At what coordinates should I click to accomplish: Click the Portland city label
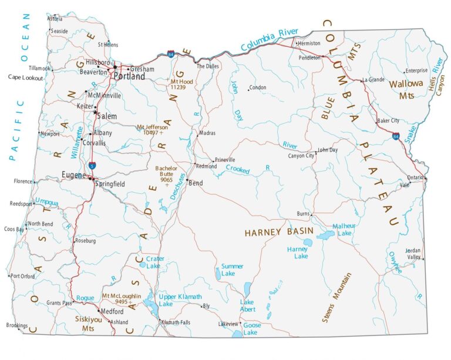(x=129, y=76)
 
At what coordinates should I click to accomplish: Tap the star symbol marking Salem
(x=95, y=112)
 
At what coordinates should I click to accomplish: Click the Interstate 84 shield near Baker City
(x=396, y=136)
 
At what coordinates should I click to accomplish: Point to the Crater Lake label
(x=154, y=262)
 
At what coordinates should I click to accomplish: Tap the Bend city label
(x=196, y=183)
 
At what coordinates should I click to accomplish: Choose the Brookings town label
(x=17, y=325)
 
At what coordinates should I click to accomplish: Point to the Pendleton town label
(x=309, y=58)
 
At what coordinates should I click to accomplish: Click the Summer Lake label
(x=232, y=270)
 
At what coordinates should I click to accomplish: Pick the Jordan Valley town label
(x=413, y=254)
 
